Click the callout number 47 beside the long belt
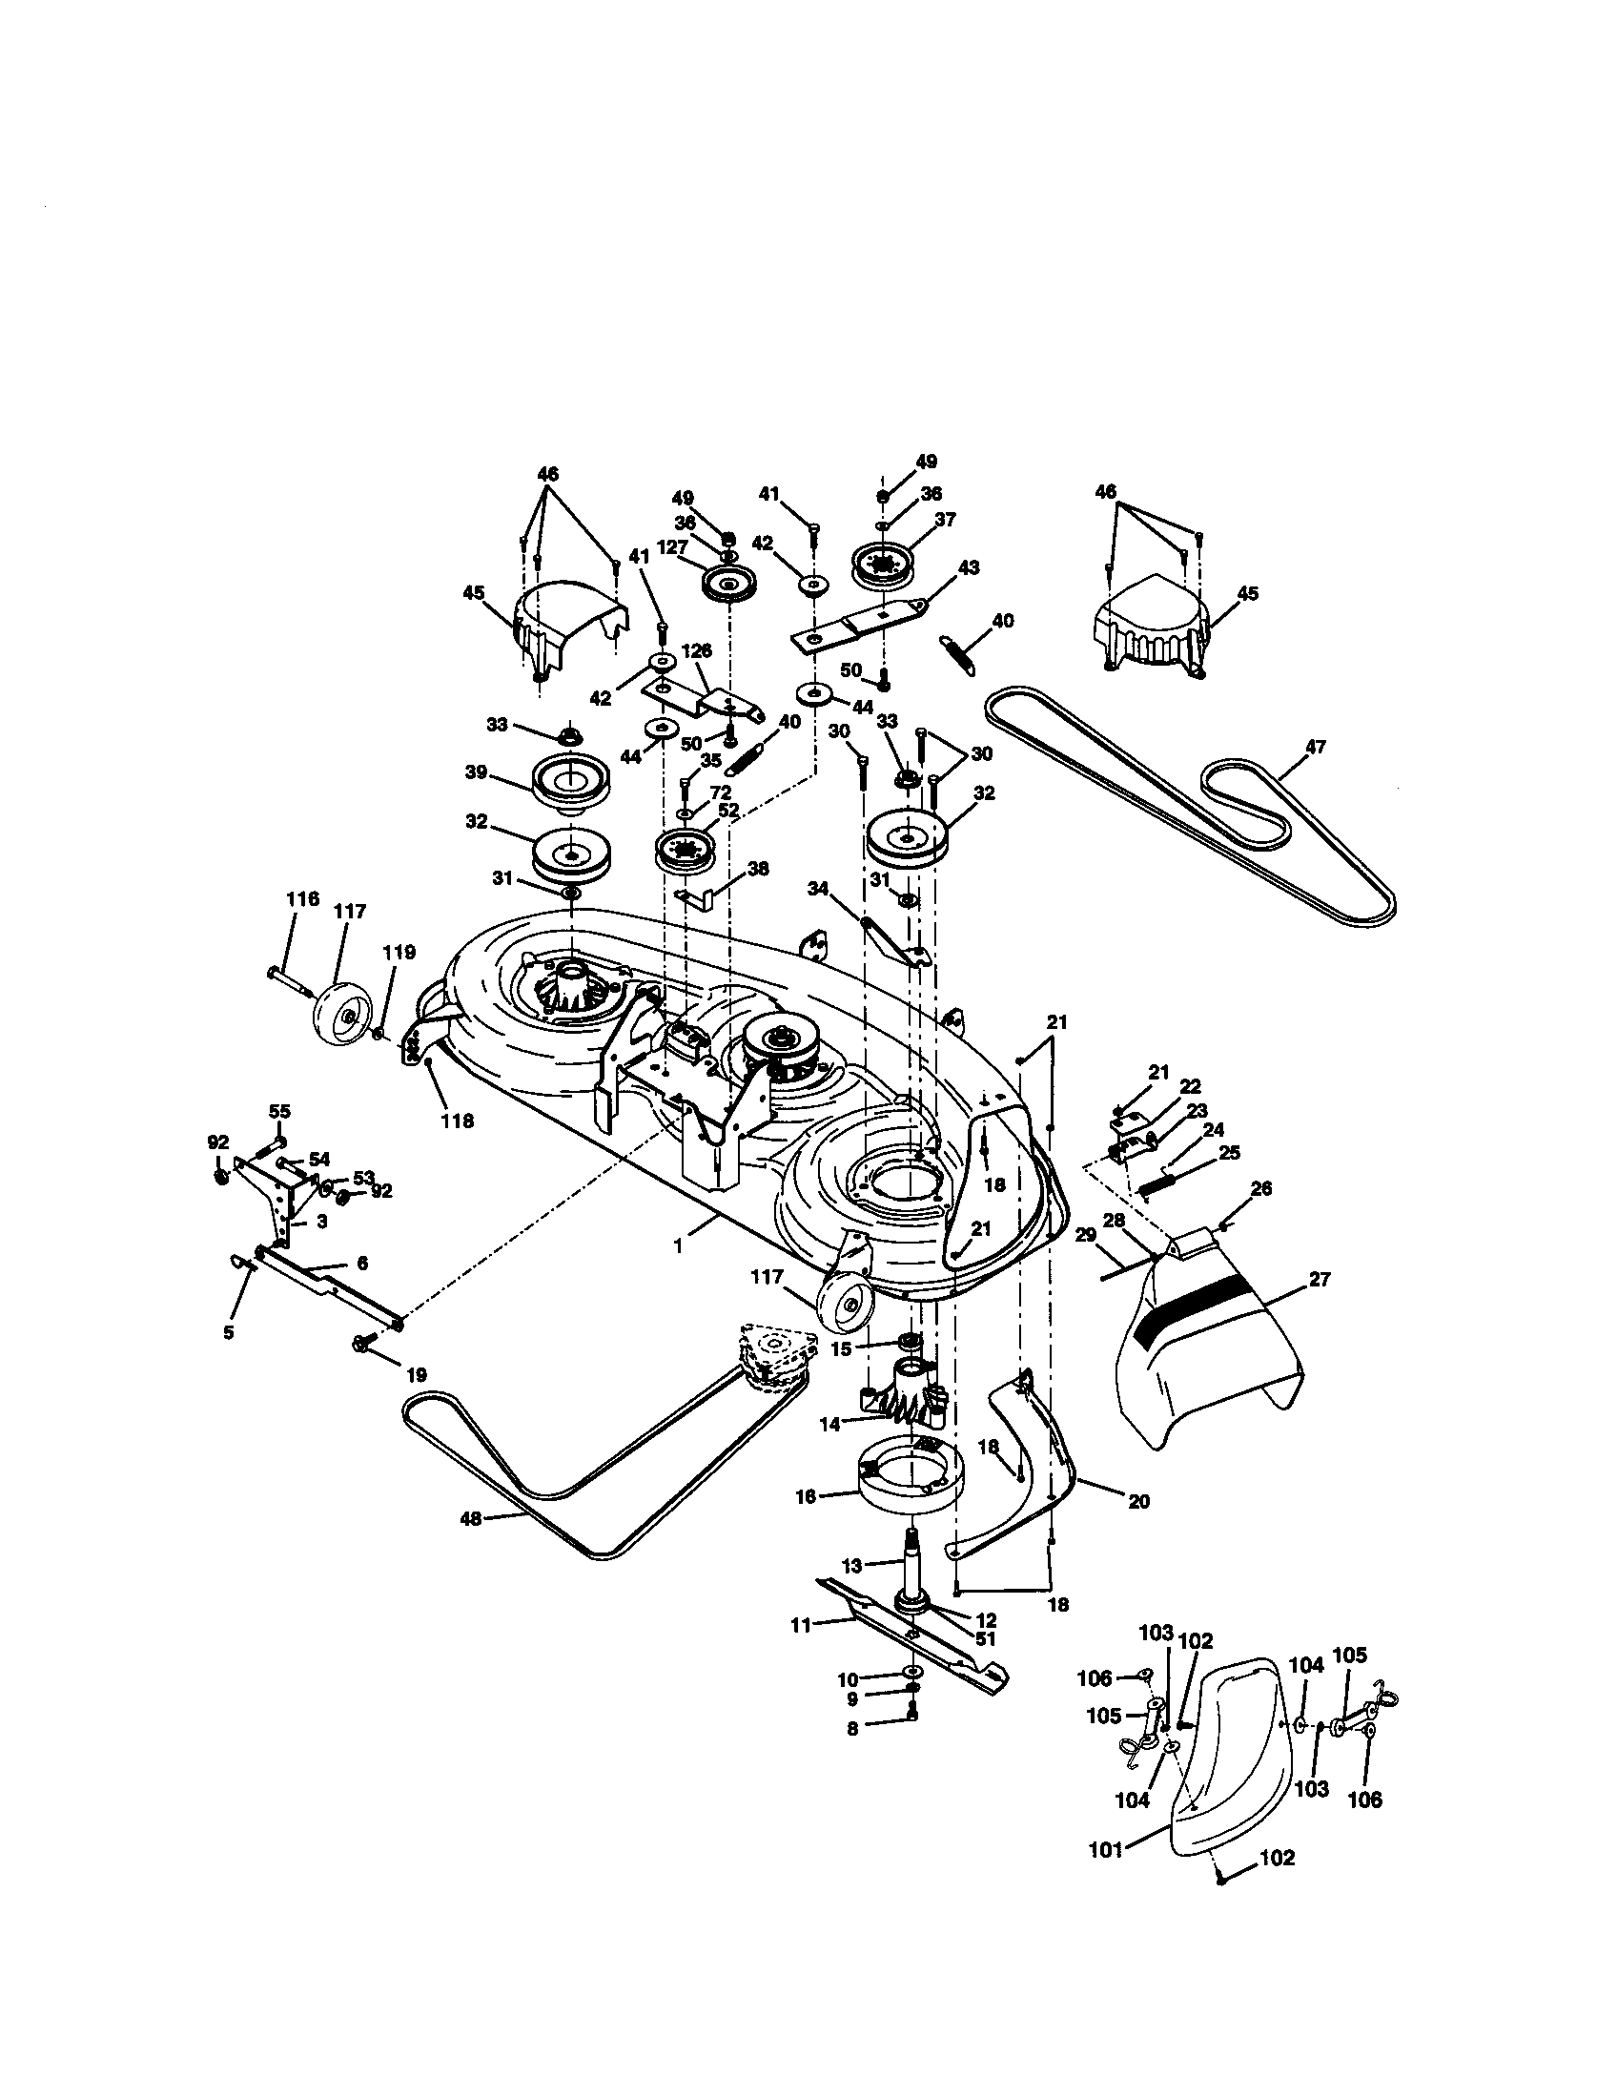point(1315,747)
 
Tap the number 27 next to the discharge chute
point(1320,1280)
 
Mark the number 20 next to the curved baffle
point(1137,1501)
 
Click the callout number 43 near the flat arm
point(969,568)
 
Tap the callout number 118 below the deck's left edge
point(457,1121)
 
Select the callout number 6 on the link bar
point(362,1265)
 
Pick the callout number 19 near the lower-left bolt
point(416,1374)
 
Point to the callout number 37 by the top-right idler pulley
point(945,521)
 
